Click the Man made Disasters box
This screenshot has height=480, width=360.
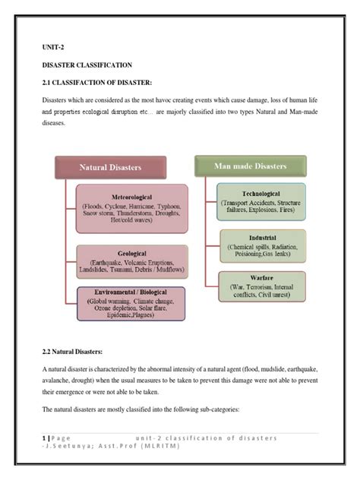click(250, 166)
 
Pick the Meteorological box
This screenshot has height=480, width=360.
click(131, 205)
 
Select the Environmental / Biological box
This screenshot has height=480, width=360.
click(131, 305)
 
